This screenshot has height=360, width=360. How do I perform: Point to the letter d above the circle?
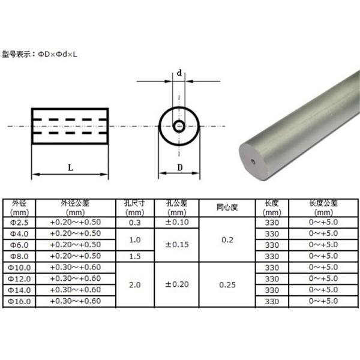point(179,73)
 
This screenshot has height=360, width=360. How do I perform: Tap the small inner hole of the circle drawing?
point(179,126)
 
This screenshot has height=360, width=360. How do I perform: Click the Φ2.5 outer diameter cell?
point(20,223)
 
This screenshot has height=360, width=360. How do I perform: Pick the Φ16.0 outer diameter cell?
point(20,301)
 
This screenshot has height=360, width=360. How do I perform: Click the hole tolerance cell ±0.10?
point(176,223)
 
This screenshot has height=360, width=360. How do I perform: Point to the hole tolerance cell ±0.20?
point(176,284)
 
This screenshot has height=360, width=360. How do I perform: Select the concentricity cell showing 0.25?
point(227,284)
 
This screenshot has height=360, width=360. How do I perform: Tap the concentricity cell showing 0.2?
point(227,239)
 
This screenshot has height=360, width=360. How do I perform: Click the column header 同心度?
point(227,208)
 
